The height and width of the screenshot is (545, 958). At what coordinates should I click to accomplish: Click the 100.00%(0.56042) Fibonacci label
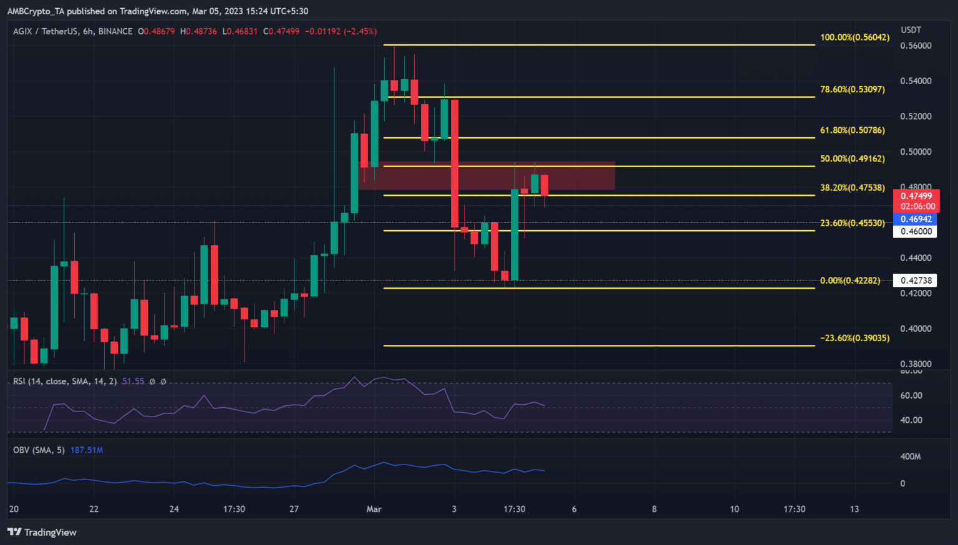click(x=854, y=37)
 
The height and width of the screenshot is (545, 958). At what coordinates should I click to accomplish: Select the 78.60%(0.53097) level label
click(x=852, y=89)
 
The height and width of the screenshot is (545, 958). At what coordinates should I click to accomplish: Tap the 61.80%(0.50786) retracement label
click(x=852, y=130)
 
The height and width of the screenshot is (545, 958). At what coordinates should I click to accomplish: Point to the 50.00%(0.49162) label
click(x=852, y=159)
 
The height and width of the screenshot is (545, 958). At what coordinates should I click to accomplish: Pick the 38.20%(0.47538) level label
click(x=852, y=187)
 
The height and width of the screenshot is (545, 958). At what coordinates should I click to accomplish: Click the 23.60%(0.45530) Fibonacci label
click(x=852, y=223)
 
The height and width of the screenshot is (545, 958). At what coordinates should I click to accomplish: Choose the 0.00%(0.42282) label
click(x=849, y=281)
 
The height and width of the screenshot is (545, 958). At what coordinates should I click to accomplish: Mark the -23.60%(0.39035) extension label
click(x=854, y=338)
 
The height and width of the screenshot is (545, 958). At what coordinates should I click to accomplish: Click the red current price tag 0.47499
click(x=916, y=196)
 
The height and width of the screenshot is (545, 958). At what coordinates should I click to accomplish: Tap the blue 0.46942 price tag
click(x=916, y=219)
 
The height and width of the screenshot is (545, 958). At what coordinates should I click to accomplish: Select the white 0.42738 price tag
click(x=916, y=281)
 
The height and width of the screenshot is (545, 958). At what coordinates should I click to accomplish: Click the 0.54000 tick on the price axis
click(x=916, y=81)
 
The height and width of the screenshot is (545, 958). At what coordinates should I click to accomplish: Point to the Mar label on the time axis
click(x=374, y=509)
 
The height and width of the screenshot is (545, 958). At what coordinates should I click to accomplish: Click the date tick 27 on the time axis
click(x=294, y=509)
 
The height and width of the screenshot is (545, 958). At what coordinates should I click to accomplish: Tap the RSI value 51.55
click(x=133, y=381)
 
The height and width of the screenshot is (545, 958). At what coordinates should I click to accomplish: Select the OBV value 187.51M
click(x=87, y=450)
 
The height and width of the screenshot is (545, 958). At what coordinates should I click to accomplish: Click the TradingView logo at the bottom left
click(x=42, y=532)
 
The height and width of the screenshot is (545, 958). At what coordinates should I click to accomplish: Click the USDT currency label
click(x=911, y=30)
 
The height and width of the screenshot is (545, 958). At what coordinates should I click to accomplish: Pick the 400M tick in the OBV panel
click(x=911, y=456)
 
